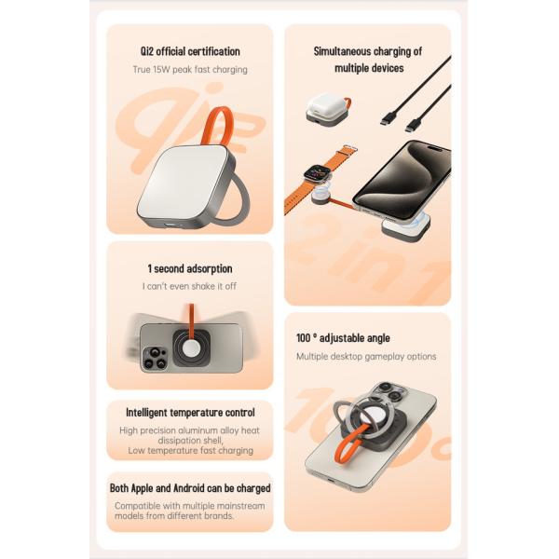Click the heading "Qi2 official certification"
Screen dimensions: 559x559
click(189, 51)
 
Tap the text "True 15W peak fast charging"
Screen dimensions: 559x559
click(189, 69)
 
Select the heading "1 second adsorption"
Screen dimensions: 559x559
click(189, 268)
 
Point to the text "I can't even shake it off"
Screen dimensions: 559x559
click(189, 286)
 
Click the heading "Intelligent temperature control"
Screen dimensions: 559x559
click(190, 412)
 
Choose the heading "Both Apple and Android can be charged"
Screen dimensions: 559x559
click(190, 487)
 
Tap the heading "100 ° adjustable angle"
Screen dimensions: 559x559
click(343, 338)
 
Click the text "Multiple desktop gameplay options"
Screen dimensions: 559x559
click(366, 356)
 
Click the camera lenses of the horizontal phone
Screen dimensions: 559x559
click(155, 356)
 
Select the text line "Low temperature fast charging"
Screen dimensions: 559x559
click(190, 450)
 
